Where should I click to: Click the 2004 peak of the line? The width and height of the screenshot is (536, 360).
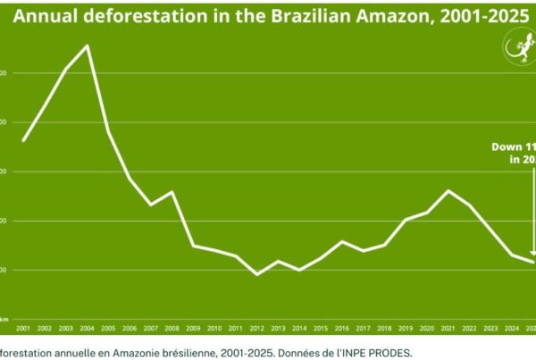tap(87, 46)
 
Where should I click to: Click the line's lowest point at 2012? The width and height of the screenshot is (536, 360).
tap(257, 274)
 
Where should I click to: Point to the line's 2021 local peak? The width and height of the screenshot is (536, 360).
tap(448, 190)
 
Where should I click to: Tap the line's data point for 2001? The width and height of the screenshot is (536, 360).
tap(23, 140)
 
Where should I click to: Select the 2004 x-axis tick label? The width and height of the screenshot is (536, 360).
tap(87, 329)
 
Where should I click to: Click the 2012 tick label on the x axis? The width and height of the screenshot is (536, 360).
tap(257, 329)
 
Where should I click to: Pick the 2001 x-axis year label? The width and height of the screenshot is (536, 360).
tap(23, 329)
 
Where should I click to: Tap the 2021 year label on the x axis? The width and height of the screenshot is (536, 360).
tap(448, 329)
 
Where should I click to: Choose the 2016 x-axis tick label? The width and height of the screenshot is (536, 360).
tap(342, 329)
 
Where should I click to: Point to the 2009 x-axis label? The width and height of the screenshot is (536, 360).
tap(193, 329)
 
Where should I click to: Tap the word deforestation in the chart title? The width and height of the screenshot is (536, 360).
tap(136, 15)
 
